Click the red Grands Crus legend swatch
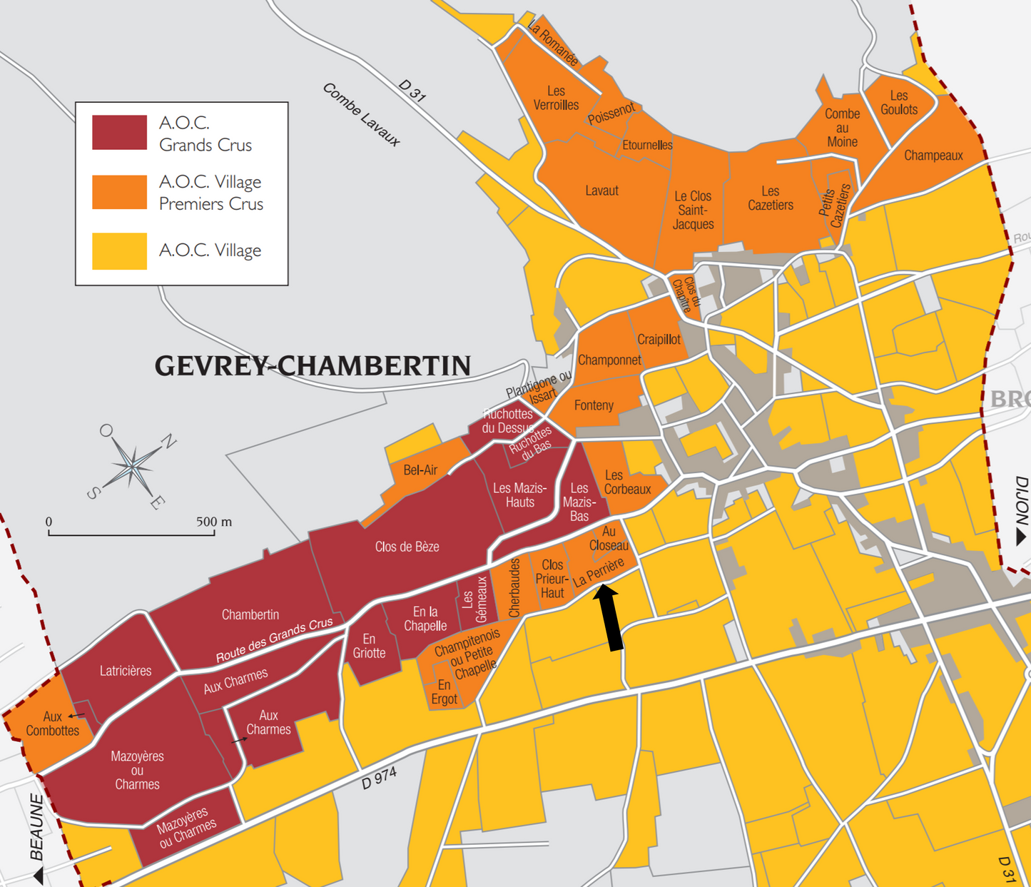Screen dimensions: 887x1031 coord(119,132)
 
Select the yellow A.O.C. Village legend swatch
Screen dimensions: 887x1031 coord(119,250)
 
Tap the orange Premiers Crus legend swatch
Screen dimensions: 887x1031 coord(119,192)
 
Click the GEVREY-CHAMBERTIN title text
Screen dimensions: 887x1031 coord(313,366)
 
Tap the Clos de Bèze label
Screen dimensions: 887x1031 coord(407,547)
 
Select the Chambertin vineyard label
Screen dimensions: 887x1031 coord(250,614)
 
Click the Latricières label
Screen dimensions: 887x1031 coord(126,671)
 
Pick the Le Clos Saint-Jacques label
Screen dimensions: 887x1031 coord(693,210)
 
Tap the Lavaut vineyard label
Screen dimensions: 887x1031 coord(601,191)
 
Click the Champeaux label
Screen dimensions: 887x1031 coord(933,155)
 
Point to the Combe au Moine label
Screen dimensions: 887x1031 coord(842,128)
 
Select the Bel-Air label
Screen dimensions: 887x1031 coord(420,470)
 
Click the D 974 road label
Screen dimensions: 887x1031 coord(379,779)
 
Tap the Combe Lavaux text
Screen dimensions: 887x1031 coord(361,114)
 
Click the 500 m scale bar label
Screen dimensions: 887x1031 coord(214,522)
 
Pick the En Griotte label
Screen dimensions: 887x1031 coord(369,646)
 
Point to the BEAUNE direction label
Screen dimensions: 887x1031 coord(36,828)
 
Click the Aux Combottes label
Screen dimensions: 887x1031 coord(52,724)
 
